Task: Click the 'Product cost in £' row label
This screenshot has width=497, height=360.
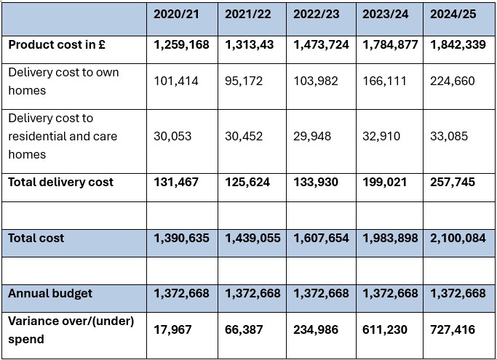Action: (x=57, y=44)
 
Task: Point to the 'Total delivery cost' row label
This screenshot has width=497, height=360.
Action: (x=61, y=182)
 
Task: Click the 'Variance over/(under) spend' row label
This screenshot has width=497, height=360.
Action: (x=71, y=329)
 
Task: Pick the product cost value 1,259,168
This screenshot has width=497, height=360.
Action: (x=181, y=44)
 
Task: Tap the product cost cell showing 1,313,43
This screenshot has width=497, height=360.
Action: (x=250, y=44)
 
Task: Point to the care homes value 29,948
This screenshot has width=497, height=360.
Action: (x=316, y=136)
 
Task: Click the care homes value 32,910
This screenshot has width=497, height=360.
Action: (x=382, y=136)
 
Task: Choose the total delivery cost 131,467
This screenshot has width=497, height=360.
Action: (x=176, y=182)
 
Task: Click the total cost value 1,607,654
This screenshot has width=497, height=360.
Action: (x=321, y=238)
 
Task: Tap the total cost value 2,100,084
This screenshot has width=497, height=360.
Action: (x=458, y=238)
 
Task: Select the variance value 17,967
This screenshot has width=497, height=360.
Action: (x=173, y=329)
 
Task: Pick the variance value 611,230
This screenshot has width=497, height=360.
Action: (x=386, y=329)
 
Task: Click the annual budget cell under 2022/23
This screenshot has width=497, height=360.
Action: (x=321, y=293)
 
